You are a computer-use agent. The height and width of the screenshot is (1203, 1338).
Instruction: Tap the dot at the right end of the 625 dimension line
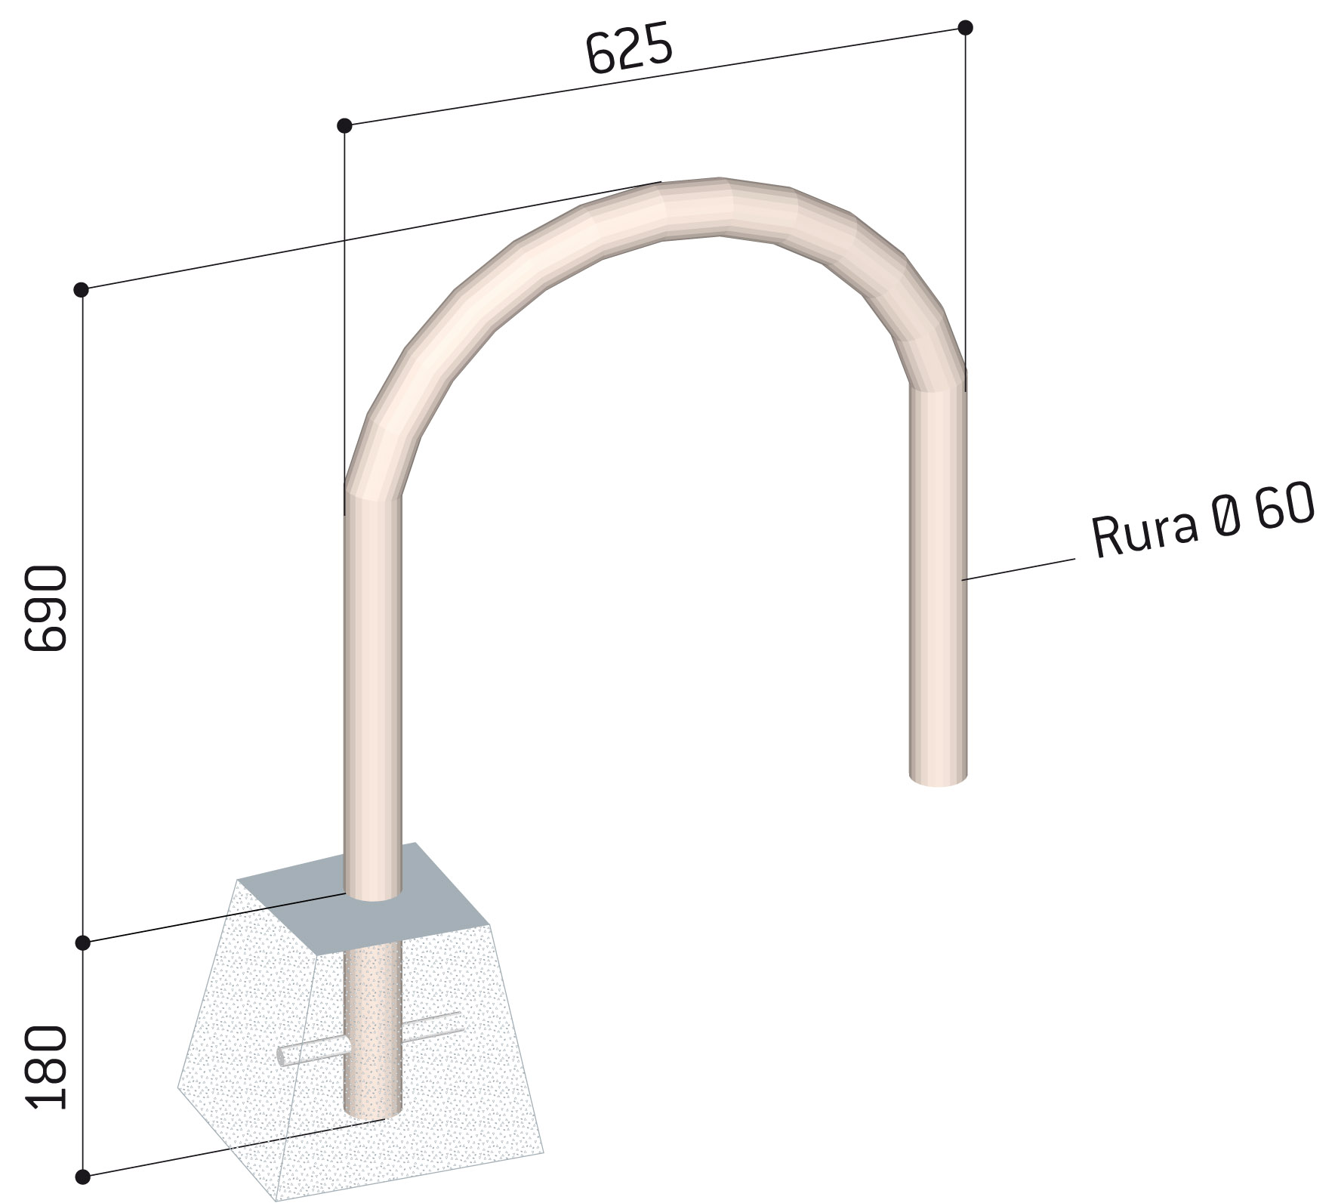[x=965, y=28]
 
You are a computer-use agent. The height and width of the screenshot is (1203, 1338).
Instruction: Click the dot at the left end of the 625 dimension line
[x=344, y=125]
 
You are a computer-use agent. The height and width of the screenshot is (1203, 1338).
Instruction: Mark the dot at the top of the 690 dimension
[x=82, y=290]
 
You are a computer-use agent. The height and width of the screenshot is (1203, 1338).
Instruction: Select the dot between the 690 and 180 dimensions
[x=82, y=943]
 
